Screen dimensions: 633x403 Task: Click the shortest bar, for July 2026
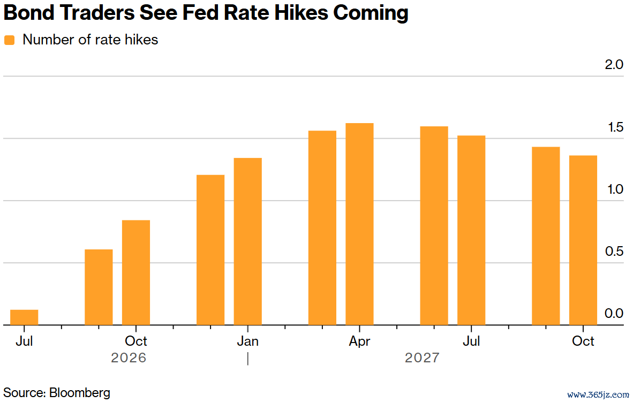[x=24, y=317]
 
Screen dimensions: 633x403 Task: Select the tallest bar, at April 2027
[x=360, y=224]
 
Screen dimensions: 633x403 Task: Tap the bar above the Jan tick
[x=248, y=241]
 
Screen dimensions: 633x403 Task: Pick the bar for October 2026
[x=136, y=272]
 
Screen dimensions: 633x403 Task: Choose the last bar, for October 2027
[x=583, y=240]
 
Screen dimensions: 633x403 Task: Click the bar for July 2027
[x=471, y=230]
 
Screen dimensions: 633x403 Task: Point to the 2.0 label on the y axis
[x=614, y=65]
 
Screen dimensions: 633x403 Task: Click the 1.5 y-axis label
[x=615, y=127]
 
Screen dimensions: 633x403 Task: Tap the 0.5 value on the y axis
[x=614, y=252]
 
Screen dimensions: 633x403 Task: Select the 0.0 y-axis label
[x=614, y=314]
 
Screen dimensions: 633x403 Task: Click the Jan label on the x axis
[x=248, y=341]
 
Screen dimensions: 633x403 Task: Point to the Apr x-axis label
[x=360, y=341]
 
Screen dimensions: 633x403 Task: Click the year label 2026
[x=129, y=358]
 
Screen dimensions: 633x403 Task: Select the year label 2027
[x=423, y=358]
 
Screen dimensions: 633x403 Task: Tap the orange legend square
[x=9, y=40]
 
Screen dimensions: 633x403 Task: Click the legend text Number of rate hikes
[x=91, y=40]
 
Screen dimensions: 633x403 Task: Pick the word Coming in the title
[x=371, y=13]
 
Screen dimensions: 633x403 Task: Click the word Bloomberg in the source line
[x=80, y=392]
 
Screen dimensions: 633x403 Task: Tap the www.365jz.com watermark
[x=598, y=395]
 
